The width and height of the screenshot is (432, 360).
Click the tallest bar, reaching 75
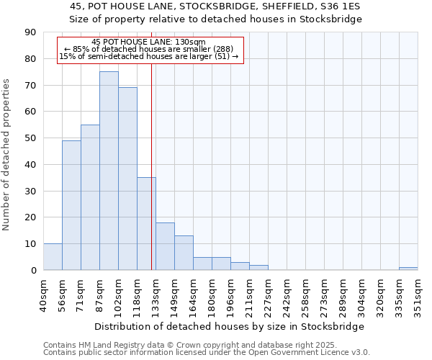coord(109,171)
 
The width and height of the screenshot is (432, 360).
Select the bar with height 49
coord(71,205)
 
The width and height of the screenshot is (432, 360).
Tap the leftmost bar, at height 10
coord(53,257)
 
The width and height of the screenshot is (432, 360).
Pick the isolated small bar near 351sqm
coord(408,269)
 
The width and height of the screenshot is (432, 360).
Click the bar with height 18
coord(165,246)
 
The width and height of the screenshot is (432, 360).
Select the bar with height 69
coord(127,179)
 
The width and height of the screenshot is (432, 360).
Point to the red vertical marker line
coord(151,166)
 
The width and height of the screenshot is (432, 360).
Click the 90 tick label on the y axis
coord(30,32)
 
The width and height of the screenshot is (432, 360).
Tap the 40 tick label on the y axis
coord(30,165)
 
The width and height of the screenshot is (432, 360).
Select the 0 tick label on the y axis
coord(33,271)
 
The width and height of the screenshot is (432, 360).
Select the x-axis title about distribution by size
coord(230,326)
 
